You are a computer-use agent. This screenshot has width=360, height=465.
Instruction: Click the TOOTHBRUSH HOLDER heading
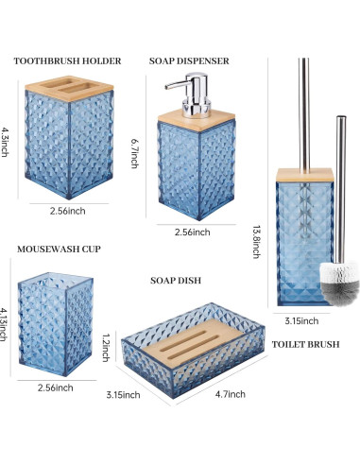pos(68,61)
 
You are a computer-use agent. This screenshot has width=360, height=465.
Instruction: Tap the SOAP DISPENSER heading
pos(189,61)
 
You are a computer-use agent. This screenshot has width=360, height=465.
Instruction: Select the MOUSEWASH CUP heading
pos(60,250)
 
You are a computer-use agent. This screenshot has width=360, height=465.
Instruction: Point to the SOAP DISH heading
pos(176,281)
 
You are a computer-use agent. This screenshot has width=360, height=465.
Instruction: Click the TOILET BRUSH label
pos(305,345)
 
